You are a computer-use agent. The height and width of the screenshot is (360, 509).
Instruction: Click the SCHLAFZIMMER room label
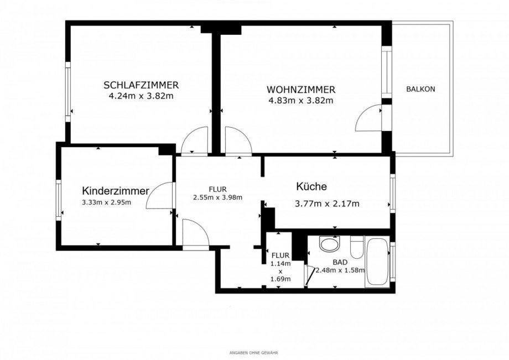coord(141,85)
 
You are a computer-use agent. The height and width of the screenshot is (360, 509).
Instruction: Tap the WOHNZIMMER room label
coord(300,90)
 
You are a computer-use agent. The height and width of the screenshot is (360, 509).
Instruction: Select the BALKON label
coord(420,89)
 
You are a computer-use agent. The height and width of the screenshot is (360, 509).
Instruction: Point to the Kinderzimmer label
coord(116,191)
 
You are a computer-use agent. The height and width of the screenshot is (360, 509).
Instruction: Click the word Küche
coord(311,187)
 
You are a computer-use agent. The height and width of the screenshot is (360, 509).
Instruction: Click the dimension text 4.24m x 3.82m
coord(141,96)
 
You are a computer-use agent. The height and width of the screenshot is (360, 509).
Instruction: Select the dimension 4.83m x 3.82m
coord(300,100)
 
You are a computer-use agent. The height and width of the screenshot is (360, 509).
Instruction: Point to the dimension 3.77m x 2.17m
coord(328,204)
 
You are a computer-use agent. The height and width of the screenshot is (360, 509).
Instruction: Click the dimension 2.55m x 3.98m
coord(217,197)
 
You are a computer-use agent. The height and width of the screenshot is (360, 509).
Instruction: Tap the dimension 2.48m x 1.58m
coord(341,270)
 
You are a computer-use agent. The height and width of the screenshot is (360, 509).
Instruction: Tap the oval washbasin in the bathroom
coord(330,244)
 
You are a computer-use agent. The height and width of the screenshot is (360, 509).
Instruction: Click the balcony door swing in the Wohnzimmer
coord(368,118)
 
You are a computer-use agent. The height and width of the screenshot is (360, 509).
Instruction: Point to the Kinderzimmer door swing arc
coord(159,196)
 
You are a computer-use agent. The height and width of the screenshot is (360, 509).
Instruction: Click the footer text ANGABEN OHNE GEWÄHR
coord(254,352)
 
